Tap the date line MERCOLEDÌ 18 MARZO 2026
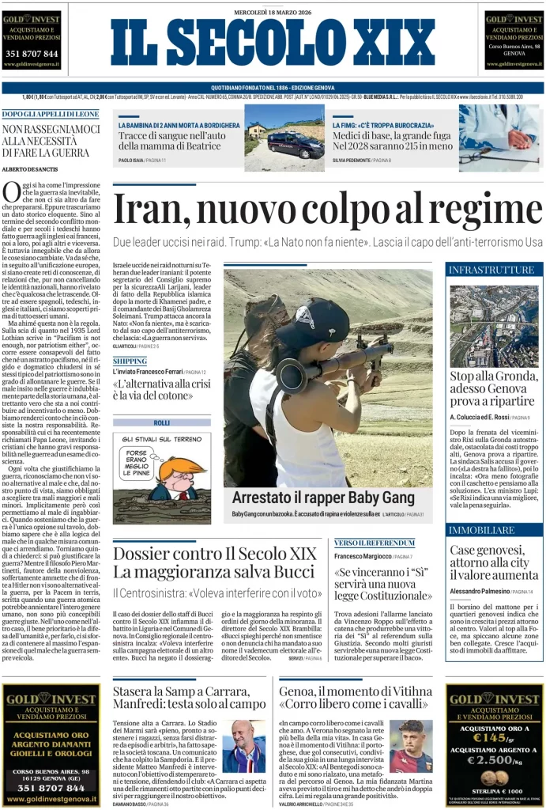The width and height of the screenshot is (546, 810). pos(273,12)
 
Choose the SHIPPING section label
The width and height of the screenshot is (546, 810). pos(130,361)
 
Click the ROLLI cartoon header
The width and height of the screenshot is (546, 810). pos(161,423)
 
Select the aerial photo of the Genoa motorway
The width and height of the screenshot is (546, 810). pos(494,325)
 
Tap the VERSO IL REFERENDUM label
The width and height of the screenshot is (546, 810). pos(375,543)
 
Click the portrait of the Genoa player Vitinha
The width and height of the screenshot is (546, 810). pos(411,746)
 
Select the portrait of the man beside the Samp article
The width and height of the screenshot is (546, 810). pos(243,746)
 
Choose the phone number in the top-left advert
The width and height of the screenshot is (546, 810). pos(32,54)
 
